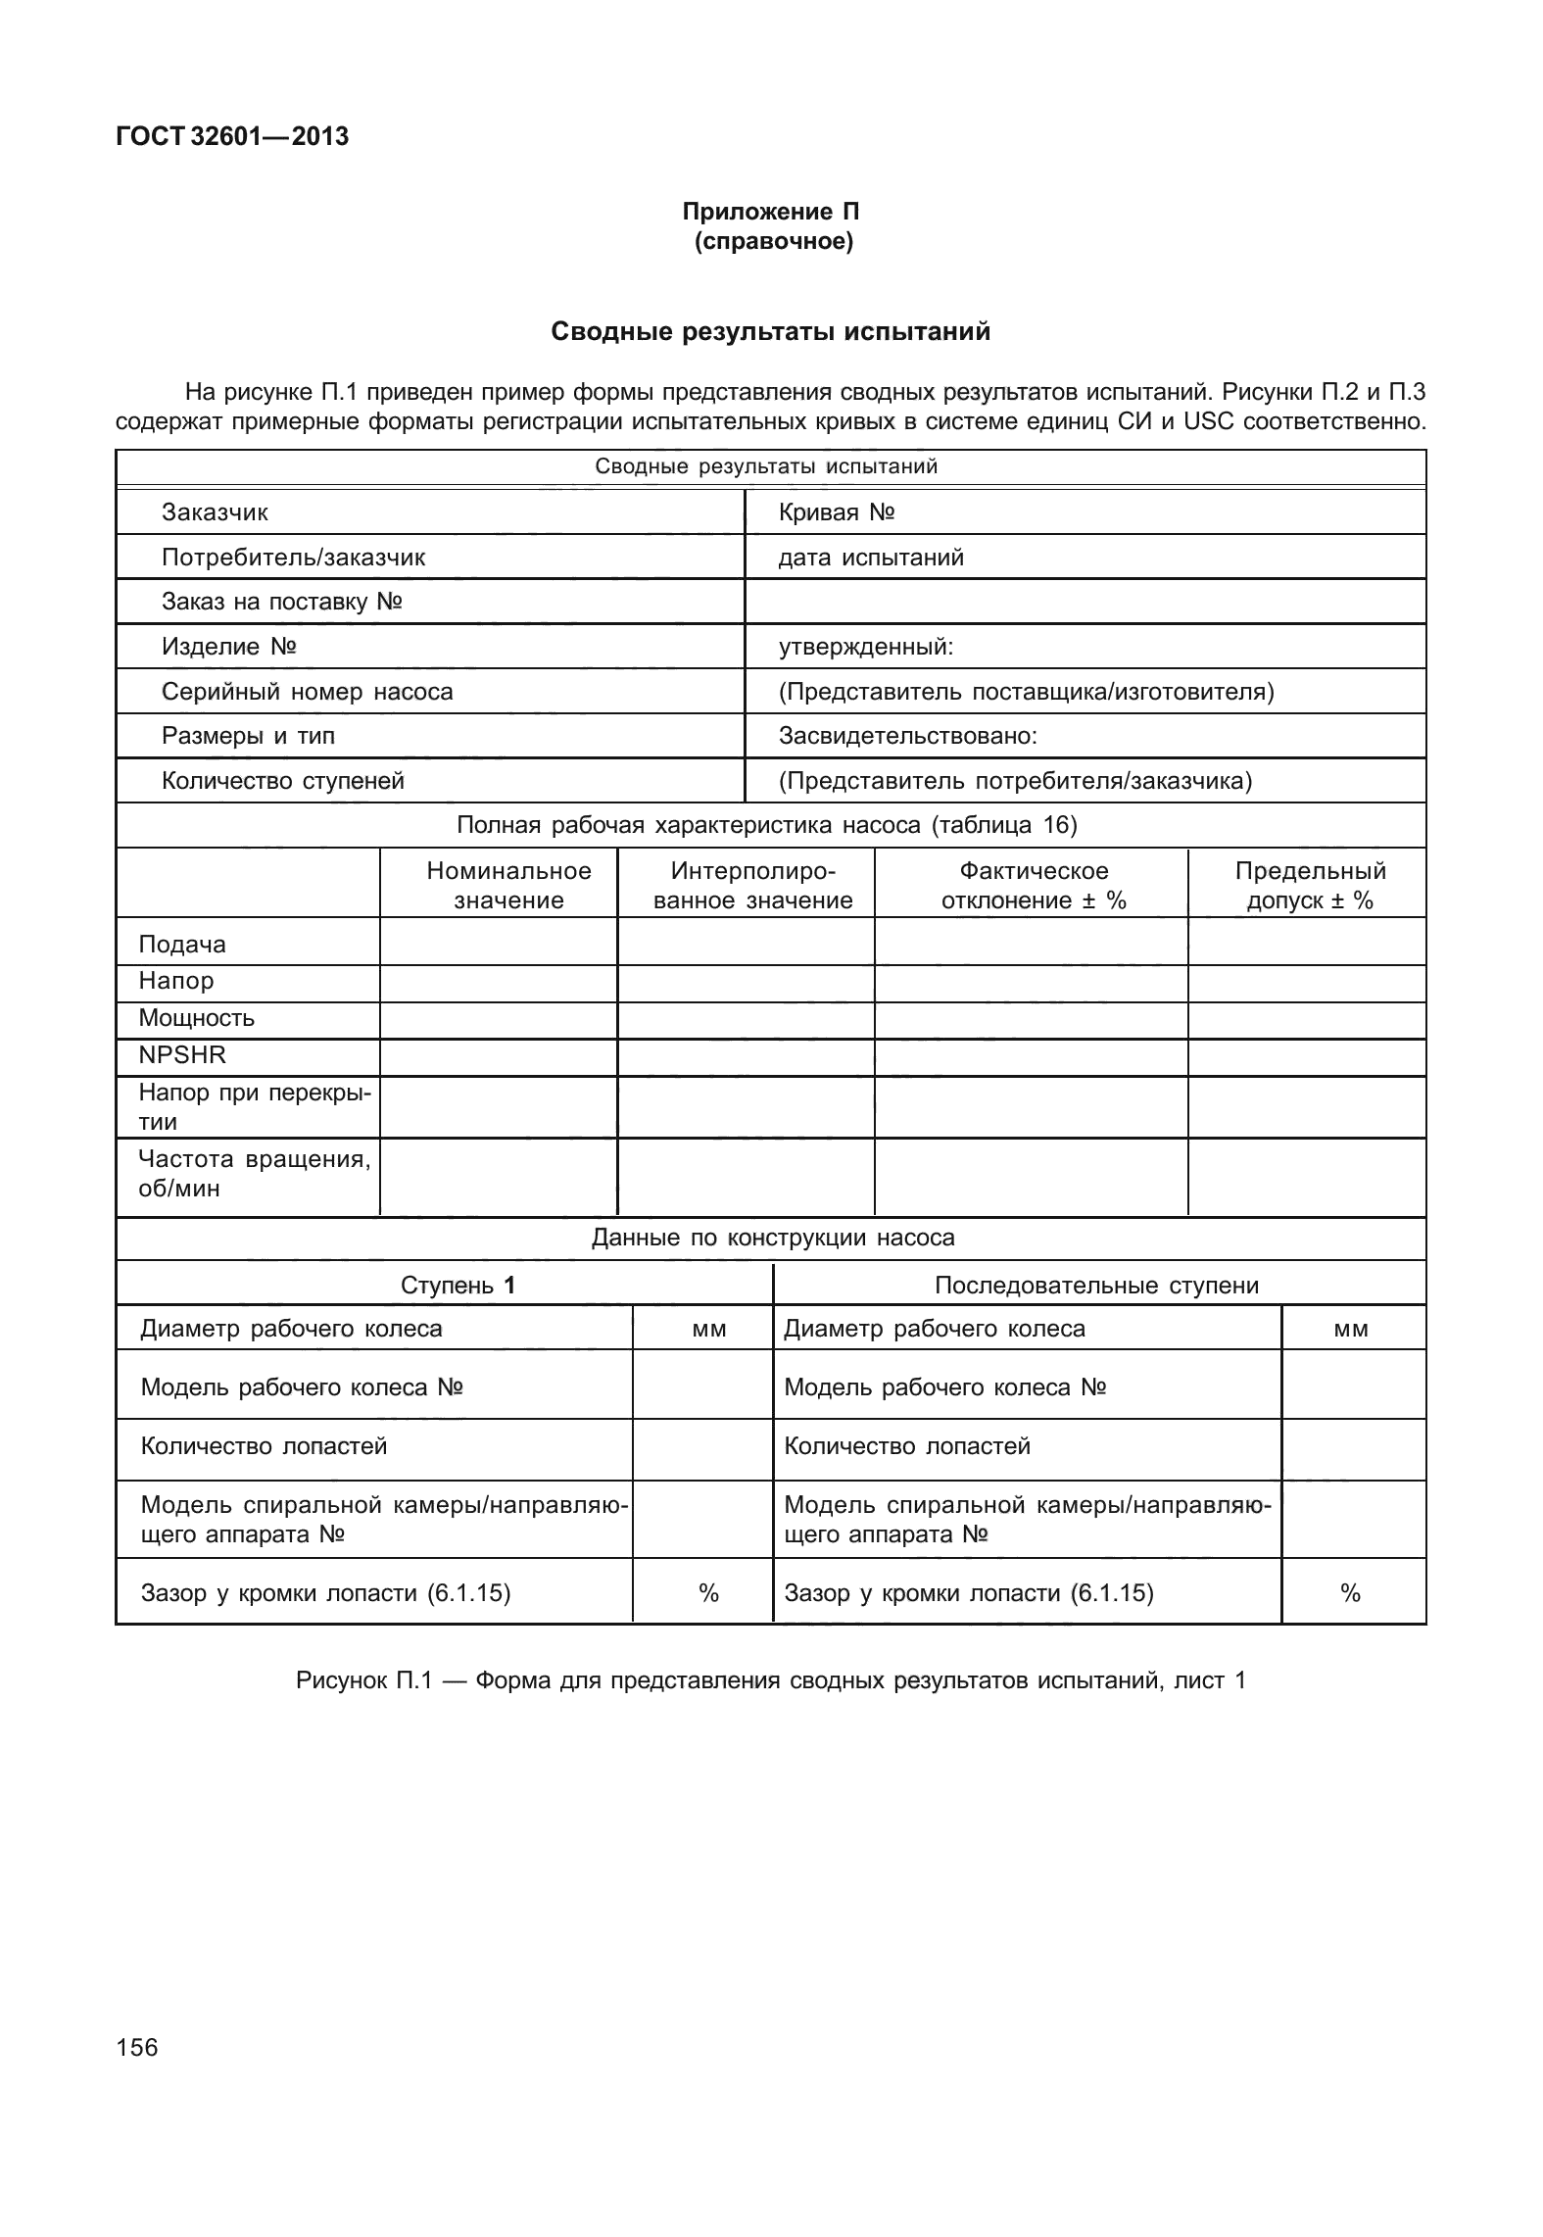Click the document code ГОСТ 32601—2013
(231, 137)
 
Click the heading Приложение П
(771, 212)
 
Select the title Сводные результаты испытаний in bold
(771, 332)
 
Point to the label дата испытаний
(871, 558)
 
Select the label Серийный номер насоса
(307, 692)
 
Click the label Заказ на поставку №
(282, 602)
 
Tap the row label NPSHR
(182, 1055)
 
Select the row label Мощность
(196, 1018)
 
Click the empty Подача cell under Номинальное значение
(498, 943)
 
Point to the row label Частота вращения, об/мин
(254, 1174)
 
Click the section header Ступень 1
(458, 1286)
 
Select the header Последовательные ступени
(1096, 1286)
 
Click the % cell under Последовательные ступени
(1351, 1594)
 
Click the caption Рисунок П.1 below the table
(771, 1680)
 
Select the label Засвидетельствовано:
(907, 736)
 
